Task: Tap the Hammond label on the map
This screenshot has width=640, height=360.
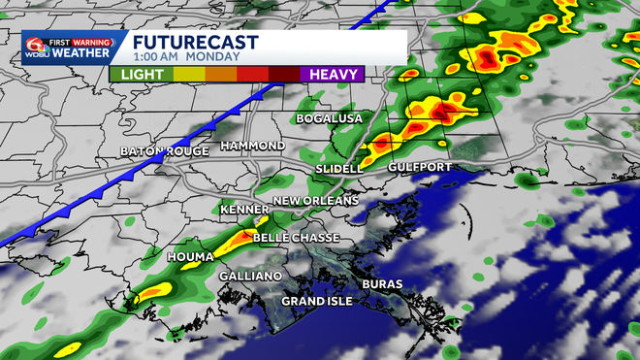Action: pyautogui.click(x=253, y=146)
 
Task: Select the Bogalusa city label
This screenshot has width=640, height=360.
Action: pyautogui.click(x=330, y=118)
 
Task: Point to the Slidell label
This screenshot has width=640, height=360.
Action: pyautogui.click(x=338, y=169)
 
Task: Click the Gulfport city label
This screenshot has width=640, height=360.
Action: pyautogui.click(x=420, y=168)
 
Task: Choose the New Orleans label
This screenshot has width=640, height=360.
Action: pyautogui.click(x=316, y=201)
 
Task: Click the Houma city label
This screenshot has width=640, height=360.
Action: pyautogui.click(x=190, y=256)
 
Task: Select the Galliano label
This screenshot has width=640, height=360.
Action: pyautogui.click(x=251, y=277)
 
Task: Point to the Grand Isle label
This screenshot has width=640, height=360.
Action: pyautogui.click(x=317, y=301)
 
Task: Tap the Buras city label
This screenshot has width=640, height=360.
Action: pyautogui.click(x=382, y=284)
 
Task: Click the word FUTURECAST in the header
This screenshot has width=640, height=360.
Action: pyautogui.click(x=195, y=43)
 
